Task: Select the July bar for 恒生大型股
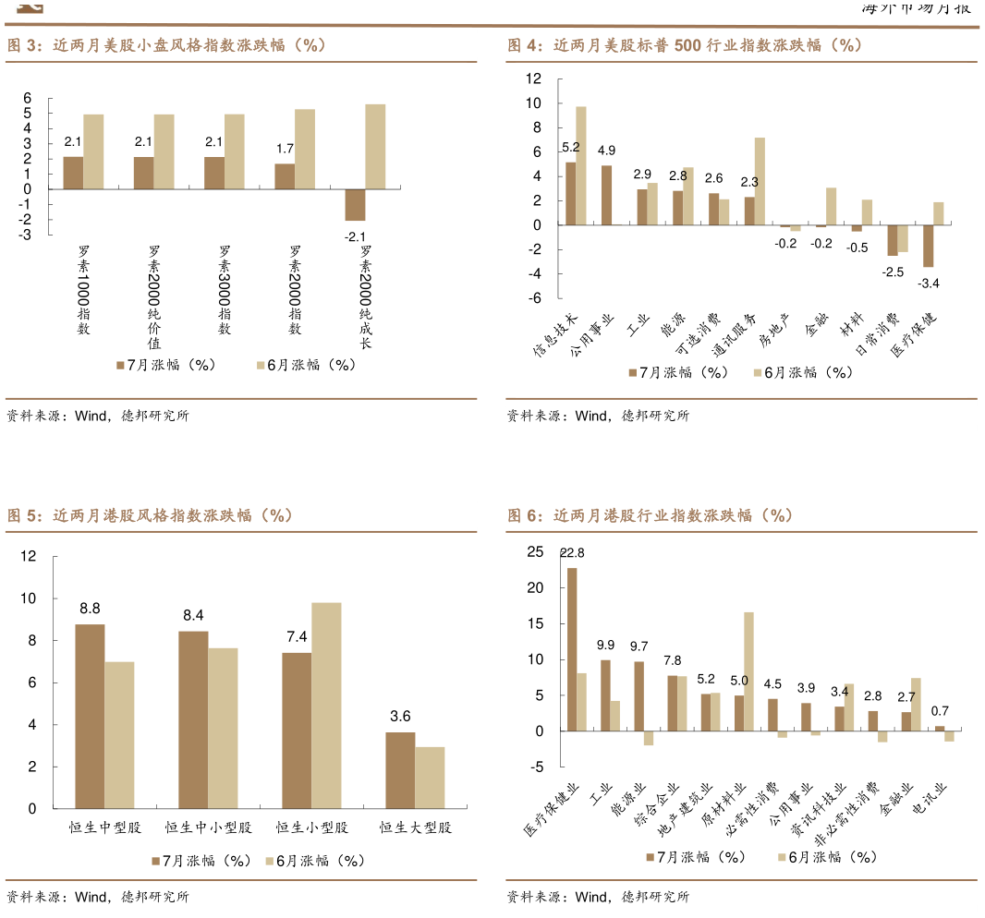[400, 770]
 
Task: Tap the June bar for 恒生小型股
[326, 706]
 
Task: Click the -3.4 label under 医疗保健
[929, 283]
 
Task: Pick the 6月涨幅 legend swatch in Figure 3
[261, 366]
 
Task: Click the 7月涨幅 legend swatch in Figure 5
[156, 861]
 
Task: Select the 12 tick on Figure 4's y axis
[533, 79]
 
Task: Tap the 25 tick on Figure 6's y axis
[536, 552]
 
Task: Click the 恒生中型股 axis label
[105, 827]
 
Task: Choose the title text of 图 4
[685, 45]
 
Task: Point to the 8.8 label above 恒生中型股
[90, 609]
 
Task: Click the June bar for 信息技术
[581, 165]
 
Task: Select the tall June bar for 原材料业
[748, 671]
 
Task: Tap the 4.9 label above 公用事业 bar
[606, 151]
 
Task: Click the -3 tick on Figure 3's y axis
[27, 235]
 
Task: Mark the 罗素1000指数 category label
[83, 290]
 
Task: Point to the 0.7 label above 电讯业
[940, 711]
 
